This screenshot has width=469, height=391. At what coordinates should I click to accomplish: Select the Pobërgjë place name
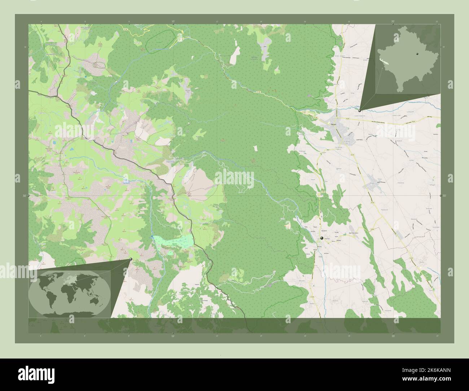point(303,151)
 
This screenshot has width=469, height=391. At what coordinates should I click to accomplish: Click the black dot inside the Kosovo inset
point(417,53)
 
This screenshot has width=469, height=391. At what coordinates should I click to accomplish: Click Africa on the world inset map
point(68,292)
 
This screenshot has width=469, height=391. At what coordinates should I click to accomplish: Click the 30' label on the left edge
point(24,196)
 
